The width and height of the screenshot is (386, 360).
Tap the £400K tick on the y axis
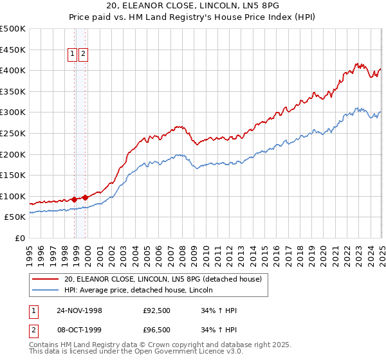13,70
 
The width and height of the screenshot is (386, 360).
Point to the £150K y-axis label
13,175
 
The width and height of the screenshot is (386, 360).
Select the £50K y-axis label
15,217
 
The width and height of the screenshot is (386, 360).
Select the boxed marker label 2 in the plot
84,55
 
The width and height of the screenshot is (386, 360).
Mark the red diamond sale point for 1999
86,197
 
